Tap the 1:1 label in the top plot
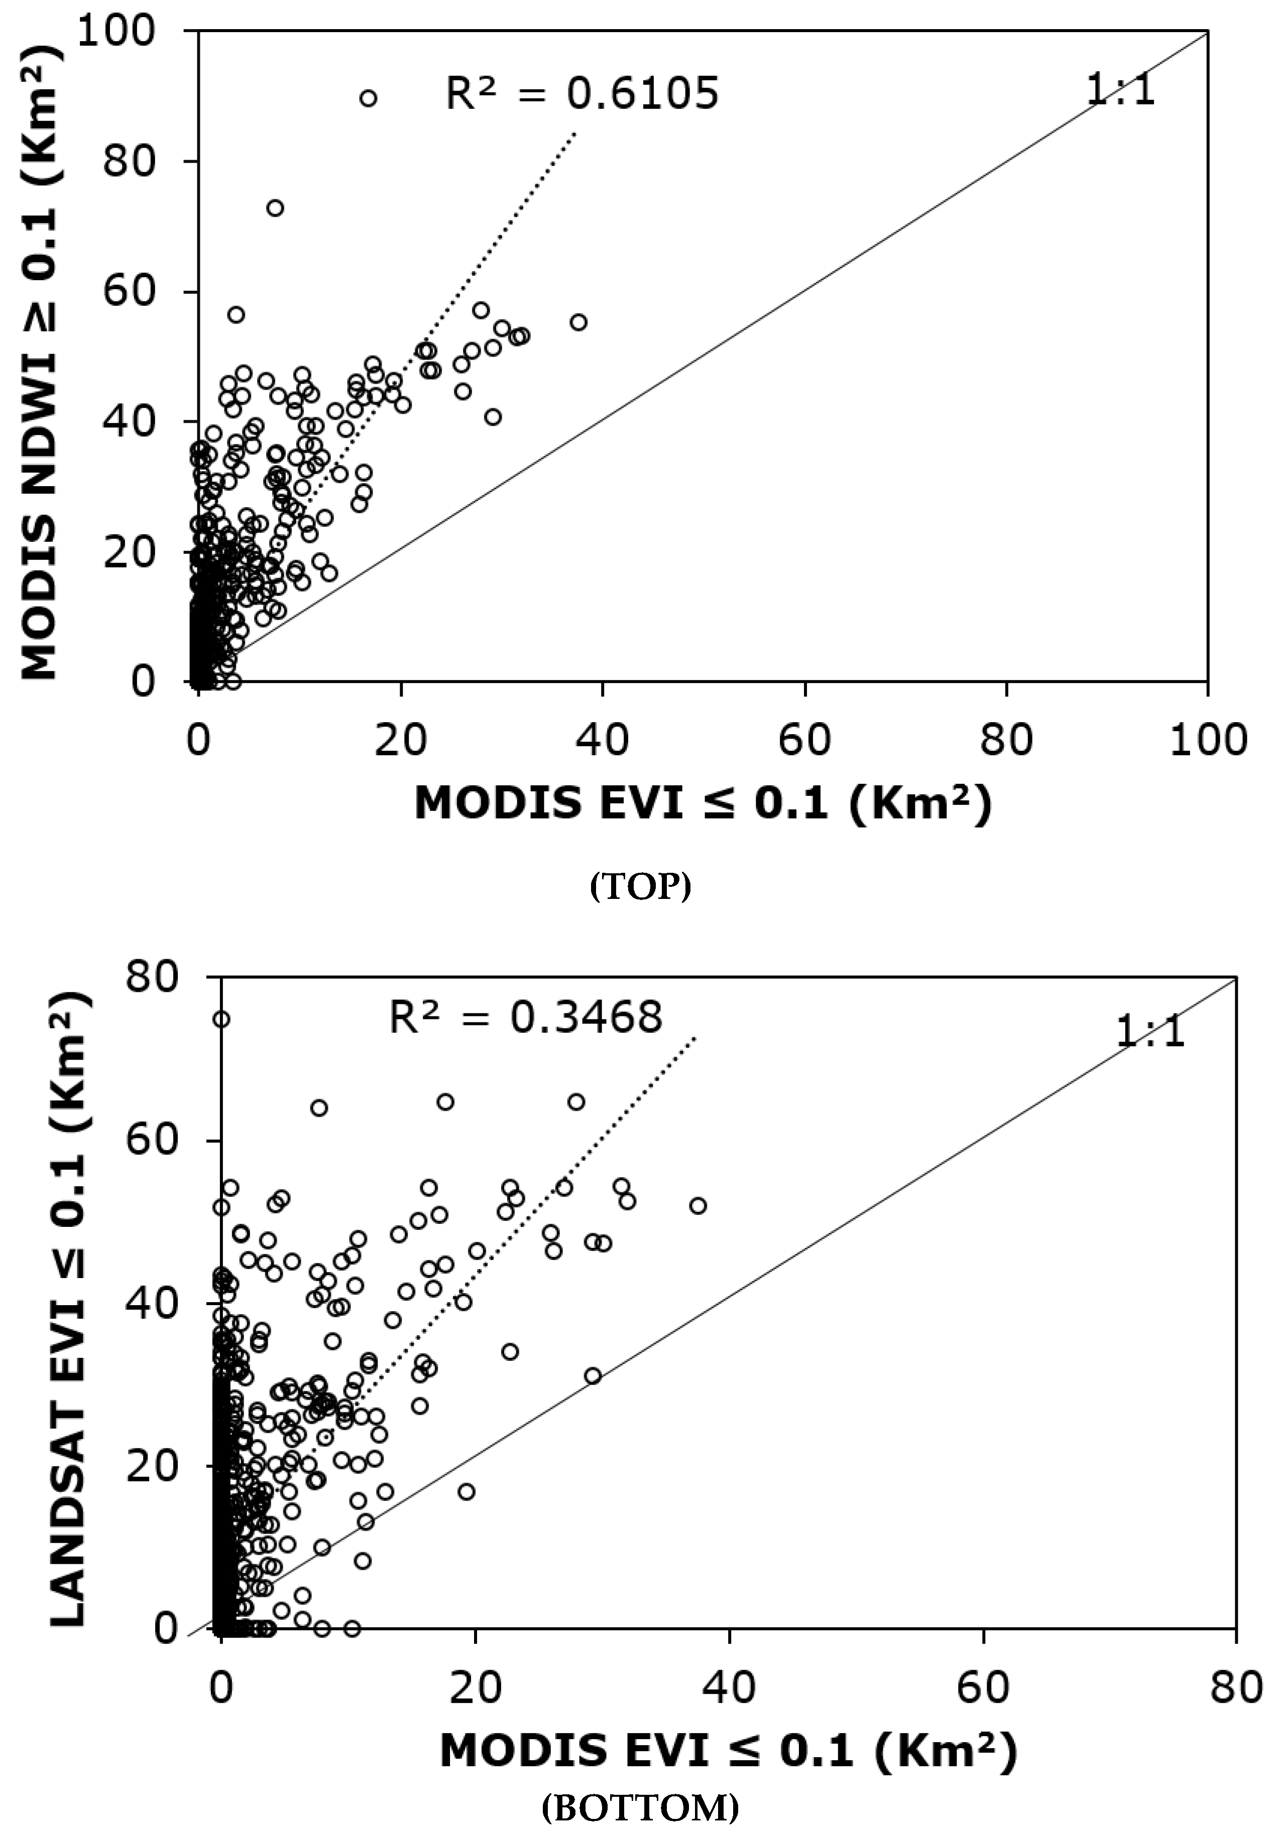[x=1120, y=90]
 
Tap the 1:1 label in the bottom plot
[x=1149, y=1032]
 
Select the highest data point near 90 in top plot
[x=368, y=98]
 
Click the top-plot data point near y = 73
[x=275, y=208]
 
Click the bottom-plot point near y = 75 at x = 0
[x=221, y=1019]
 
